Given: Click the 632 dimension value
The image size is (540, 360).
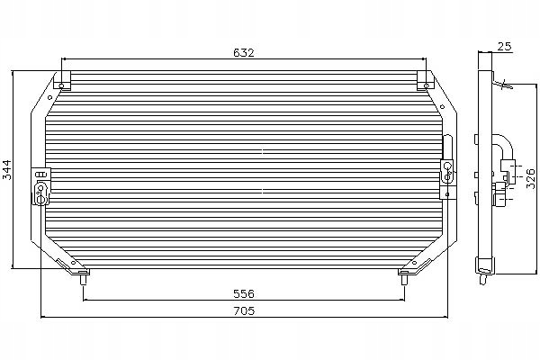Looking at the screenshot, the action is click(244, 52).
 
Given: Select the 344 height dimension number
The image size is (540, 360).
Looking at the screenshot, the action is click(6, 167).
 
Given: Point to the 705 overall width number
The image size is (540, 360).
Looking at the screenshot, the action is click(244, 311).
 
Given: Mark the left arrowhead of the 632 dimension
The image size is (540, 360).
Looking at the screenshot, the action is click(64, 60).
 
